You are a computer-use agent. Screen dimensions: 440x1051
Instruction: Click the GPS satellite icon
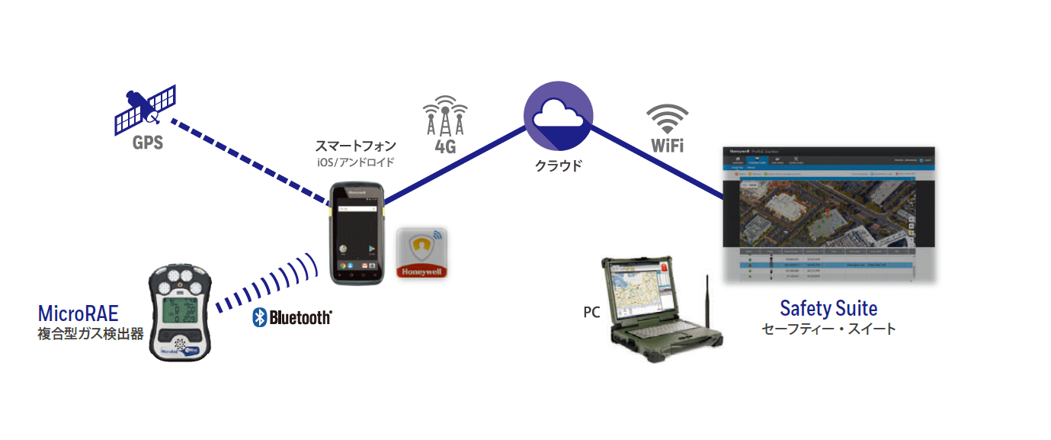click(x=146, y=109)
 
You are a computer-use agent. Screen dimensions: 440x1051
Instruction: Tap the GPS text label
click(x=147, y=143)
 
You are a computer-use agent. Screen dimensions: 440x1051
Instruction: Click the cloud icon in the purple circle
click(x=558, y=115)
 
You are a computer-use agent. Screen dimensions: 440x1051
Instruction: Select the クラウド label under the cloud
click(x=558, y=165)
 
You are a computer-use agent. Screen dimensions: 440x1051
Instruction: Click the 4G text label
click(x=444, y=146)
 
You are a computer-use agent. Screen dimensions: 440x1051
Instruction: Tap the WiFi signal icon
click(x=667, y=120)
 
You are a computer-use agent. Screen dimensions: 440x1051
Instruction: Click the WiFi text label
click(x=667, y=145)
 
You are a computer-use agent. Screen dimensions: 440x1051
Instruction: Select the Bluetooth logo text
click(x=292, y=317)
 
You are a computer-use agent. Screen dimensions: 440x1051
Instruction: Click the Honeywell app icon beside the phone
click(x=421, y=252)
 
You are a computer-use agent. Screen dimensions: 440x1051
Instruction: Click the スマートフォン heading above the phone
click(x=356, y=145)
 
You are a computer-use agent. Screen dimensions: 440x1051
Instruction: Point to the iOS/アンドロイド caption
click(x=356, y=162)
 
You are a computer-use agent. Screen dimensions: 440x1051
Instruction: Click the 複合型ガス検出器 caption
click(x=91, y=334)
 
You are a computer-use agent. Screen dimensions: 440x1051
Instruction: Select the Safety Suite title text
click(x=828, y=309)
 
